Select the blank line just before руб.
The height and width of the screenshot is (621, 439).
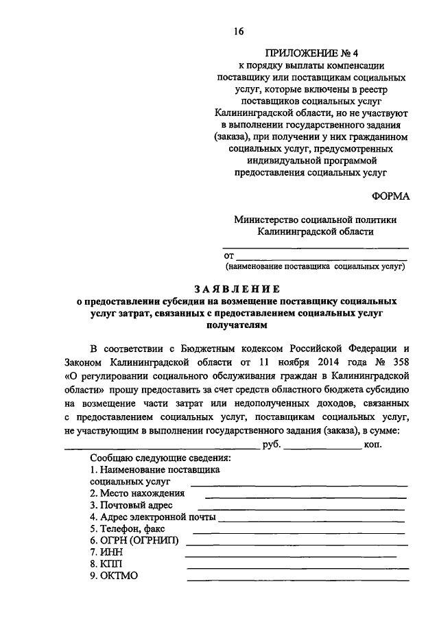click(162, 448)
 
